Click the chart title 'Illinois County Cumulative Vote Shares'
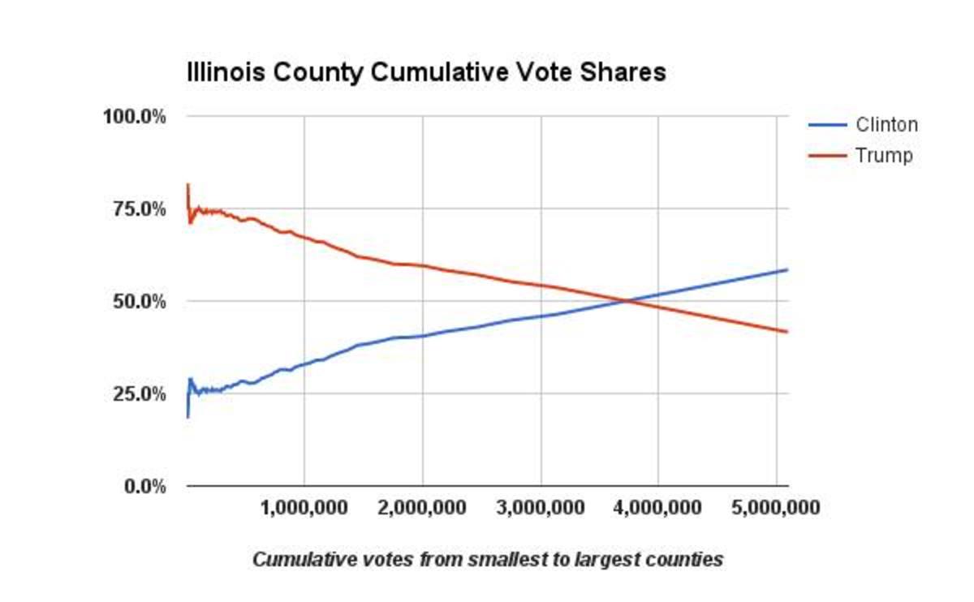point(426,73)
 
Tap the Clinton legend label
point(886,125)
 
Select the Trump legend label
point(883,155)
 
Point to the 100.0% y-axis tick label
point(134,116)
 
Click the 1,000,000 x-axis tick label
point(304,509)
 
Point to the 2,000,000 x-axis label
point(422,509)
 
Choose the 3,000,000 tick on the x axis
point(541,509)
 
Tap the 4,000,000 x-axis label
point(658,509)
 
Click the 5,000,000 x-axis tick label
point(776,509)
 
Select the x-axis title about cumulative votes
point(487,560)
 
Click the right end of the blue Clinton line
point(787,269)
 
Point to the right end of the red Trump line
point(787,331)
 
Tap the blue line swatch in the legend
point(827,125)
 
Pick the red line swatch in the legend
point(827,155)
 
